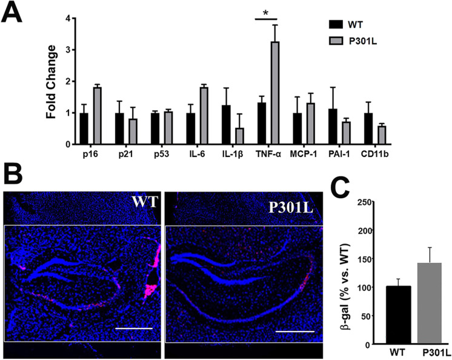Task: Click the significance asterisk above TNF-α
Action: [x=267, y=12]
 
